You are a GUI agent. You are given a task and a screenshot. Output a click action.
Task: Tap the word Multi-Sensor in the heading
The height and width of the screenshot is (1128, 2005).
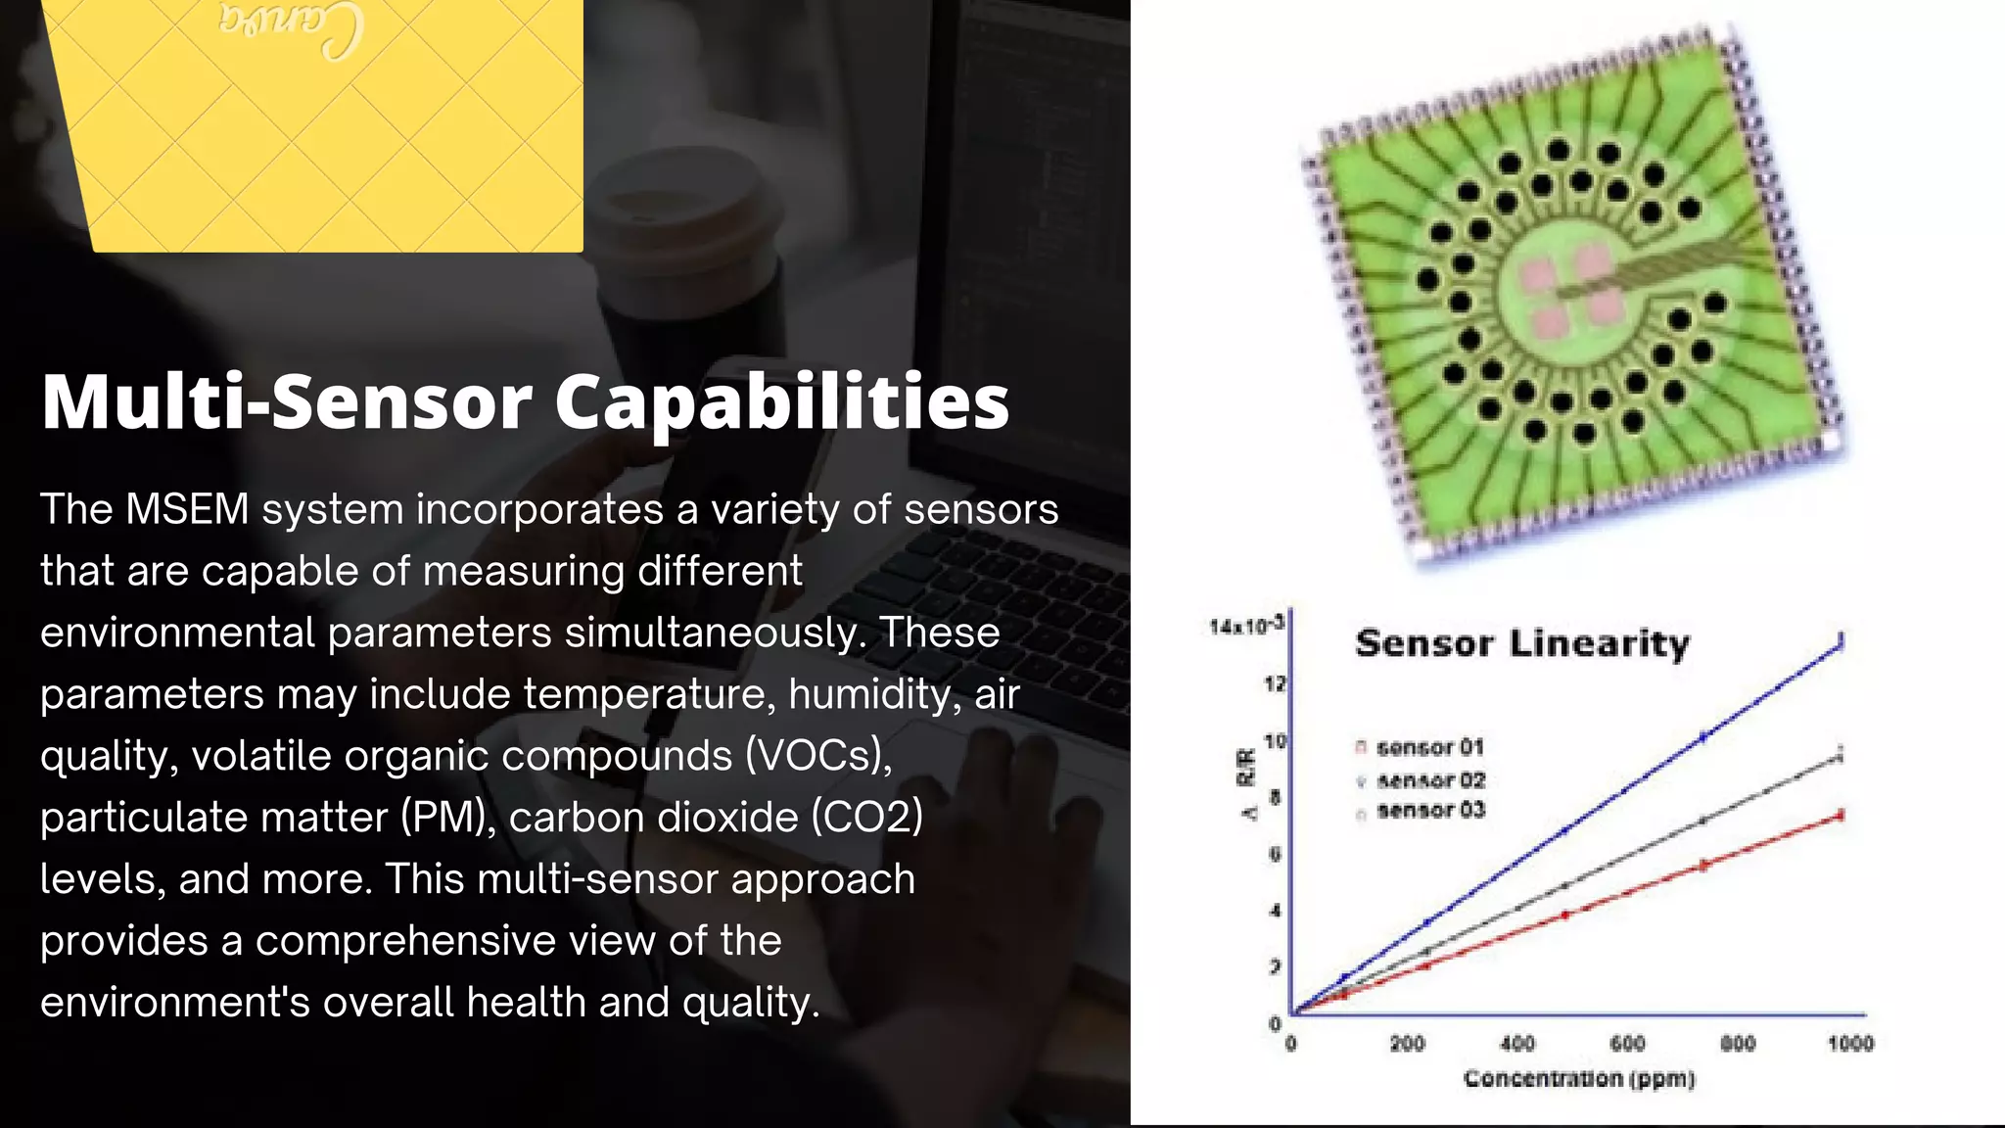coord(286,401)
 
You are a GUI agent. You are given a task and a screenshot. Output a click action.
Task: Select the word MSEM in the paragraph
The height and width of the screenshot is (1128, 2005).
coord(187,509)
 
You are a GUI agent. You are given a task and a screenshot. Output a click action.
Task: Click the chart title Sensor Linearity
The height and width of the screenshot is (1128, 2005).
coord(1522,643)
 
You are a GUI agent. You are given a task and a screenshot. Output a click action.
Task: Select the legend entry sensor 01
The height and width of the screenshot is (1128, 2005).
coord(1429,748)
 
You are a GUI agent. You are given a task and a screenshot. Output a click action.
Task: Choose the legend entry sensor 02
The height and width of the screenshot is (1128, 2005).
coord(1430,780)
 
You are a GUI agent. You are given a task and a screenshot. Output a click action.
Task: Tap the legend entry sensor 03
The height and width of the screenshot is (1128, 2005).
coord(1430,811)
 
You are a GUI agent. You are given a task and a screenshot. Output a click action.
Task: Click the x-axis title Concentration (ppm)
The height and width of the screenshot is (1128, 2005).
coord(1579,1078)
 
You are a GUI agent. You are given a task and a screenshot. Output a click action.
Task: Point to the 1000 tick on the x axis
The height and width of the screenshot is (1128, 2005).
coord(1849,1044)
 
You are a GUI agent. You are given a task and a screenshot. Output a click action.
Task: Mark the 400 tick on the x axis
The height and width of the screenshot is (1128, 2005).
coord(1517,1044)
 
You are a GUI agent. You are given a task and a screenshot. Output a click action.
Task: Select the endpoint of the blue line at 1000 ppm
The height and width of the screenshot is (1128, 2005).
coord(1841,642)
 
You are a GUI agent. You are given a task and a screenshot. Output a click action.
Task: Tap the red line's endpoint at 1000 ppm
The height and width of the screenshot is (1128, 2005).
coord(1841,815)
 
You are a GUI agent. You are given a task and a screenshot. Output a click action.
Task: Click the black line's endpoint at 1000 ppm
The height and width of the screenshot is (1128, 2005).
coord(1841,756)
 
